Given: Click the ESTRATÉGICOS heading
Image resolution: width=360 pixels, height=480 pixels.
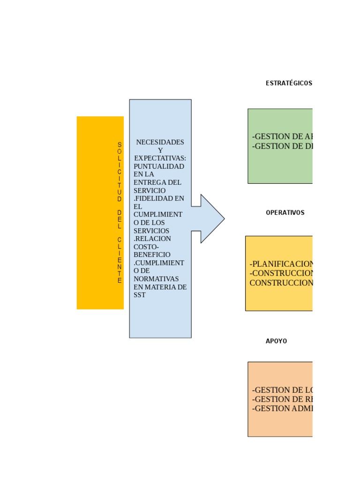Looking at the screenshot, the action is coord(288,83).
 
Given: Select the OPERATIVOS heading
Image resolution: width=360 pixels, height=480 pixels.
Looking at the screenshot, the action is coord(285,213).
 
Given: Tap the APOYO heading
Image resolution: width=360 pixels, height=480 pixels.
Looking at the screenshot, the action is coord(276,341).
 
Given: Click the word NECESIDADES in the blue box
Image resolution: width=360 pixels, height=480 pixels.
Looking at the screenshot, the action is coord(160,142).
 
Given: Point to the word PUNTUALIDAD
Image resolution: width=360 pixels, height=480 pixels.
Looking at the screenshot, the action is coord(159,166).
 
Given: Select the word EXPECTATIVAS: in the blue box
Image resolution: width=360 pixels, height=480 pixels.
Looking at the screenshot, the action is coord(160,158).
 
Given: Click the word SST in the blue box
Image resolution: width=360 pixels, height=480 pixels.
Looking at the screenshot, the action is coord(140,295).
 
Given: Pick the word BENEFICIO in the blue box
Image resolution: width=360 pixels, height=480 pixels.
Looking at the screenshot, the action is coord(152,255).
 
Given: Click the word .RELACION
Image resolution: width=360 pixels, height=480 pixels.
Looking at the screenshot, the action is coord(152,239).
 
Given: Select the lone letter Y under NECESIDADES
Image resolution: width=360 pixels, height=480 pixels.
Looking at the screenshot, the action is coord(160,150).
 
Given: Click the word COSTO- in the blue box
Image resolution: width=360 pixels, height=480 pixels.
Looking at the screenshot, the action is coord(146,247).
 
